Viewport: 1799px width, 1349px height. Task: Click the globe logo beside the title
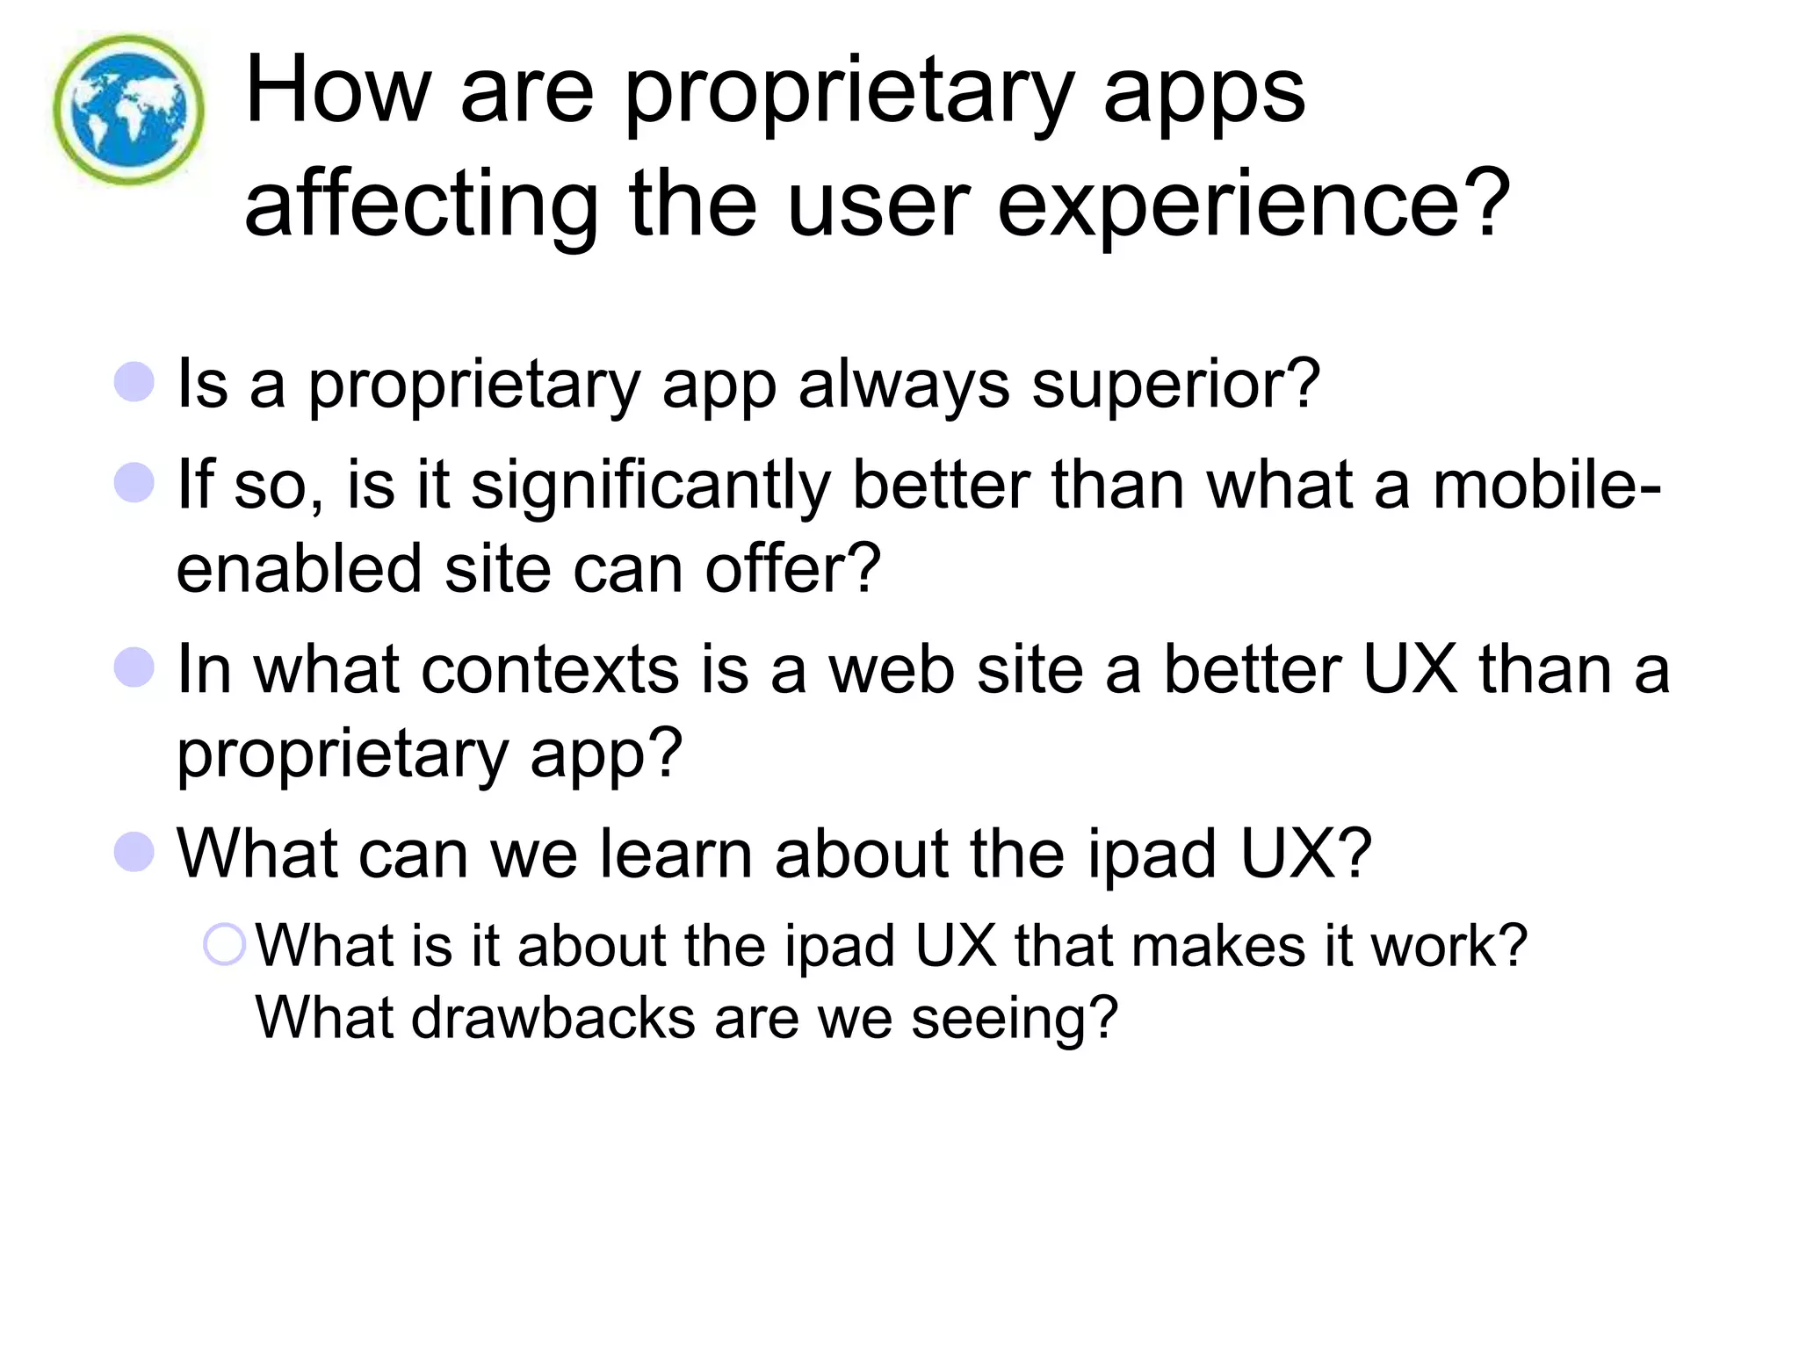128,110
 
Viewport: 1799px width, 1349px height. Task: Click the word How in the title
337,90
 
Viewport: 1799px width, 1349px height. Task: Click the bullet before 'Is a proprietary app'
134,382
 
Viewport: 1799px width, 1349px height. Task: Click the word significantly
650,486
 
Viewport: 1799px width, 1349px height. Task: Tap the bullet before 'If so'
134,482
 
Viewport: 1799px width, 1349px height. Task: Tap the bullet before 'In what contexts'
134,667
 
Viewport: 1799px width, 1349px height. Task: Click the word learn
676,854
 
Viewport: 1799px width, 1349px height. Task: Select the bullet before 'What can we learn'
134,852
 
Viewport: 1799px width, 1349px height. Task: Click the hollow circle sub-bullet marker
224,945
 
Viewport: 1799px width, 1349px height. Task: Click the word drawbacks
553,1019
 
